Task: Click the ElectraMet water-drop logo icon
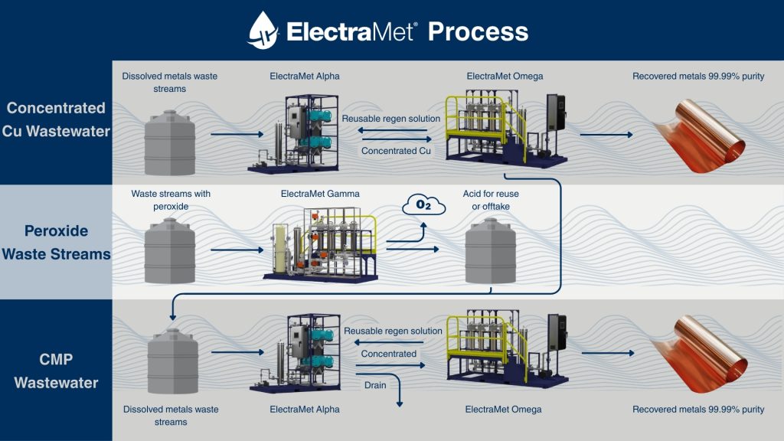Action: click(263, 31)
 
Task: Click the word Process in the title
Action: click(478, 31)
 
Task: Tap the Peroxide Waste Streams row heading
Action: click(56, 242)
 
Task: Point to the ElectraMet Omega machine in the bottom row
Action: click(505, 353)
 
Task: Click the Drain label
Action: click(375, 385)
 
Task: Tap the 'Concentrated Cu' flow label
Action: click(396, 151)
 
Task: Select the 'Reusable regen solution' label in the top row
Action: click(391, 119)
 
